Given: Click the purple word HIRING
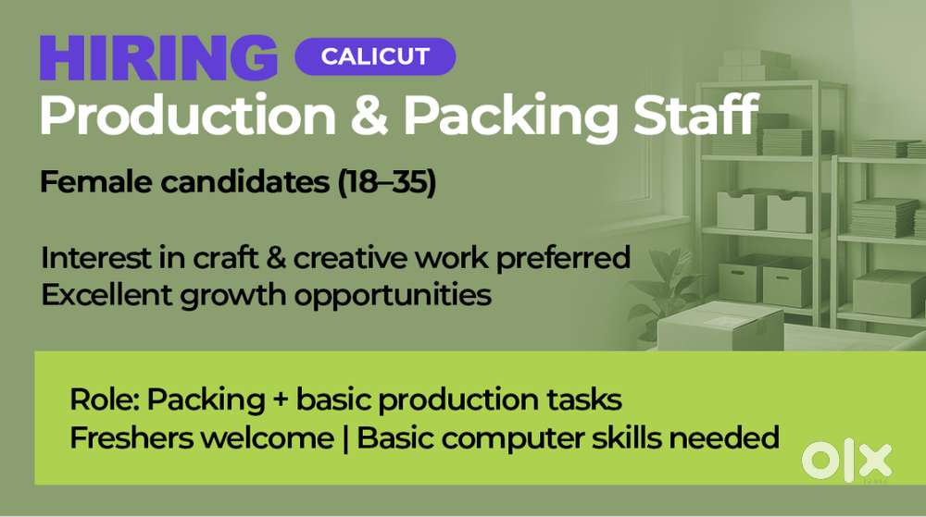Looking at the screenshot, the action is pos(158,57).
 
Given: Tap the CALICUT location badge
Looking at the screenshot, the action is pos(375,56).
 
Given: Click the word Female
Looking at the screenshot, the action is pos(97,181).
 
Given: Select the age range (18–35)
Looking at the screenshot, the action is pos(387,182).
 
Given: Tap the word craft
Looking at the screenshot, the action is pos(226,258).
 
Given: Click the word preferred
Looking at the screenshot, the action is pos(563,259).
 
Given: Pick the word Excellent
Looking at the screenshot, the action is pos(106,294).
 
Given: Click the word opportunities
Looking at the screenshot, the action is pos(393,295).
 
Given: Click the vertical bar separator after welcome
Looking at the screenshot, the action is pos(344,438).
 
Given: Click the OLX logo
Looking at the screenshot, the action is pos(847,461).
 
